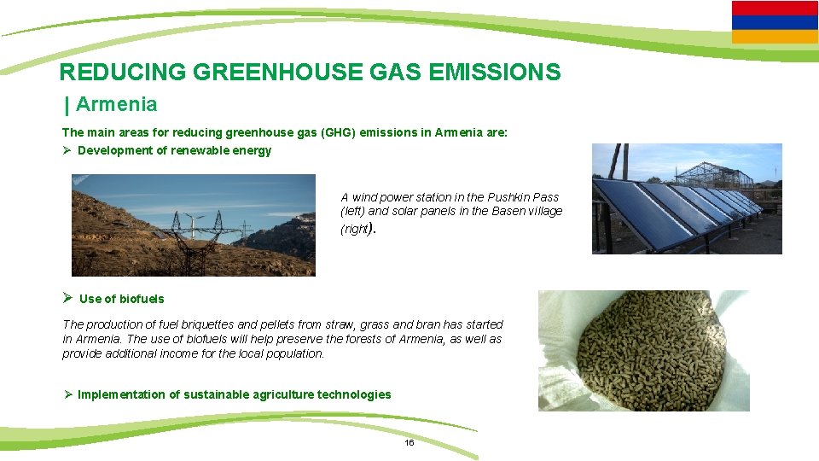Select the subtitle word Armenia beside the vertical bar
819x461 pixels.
coord(117,105)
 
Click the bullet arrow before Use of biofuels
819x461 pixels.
coord(67,298)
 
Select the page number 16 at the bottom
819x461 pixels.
coord(409,443)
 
